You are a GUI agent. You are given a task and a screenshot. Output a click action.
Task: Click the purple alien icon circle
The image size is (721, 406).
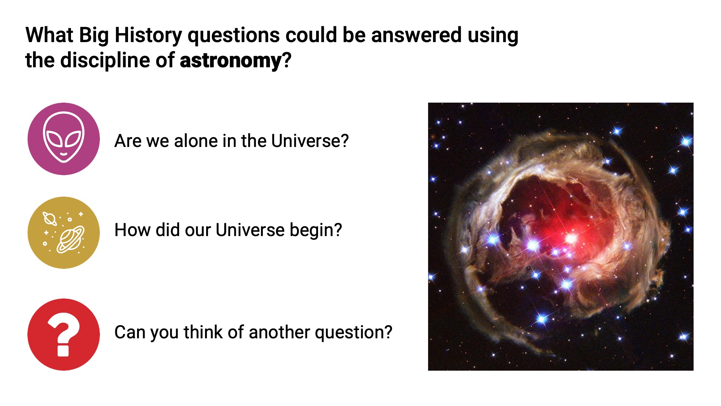tap(64, 139)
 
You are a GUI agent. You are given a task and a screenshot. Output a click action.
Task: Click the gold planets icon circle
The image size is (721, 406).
tap(64, 233)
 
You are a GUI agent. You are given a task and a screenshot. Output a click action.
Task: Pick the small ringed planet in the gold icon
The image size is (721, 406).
tap(50, 218)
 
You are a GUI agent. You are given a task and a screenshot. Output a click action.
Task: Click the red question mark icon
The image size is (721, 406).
tap(64, 335)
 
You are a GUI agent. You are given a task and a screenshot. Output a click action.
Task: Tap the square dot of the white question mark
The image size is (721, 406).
tap(63, 350)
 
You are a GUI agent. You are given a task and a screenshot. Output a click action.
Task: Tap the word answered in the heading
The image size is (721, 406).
tap(416, 36)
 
